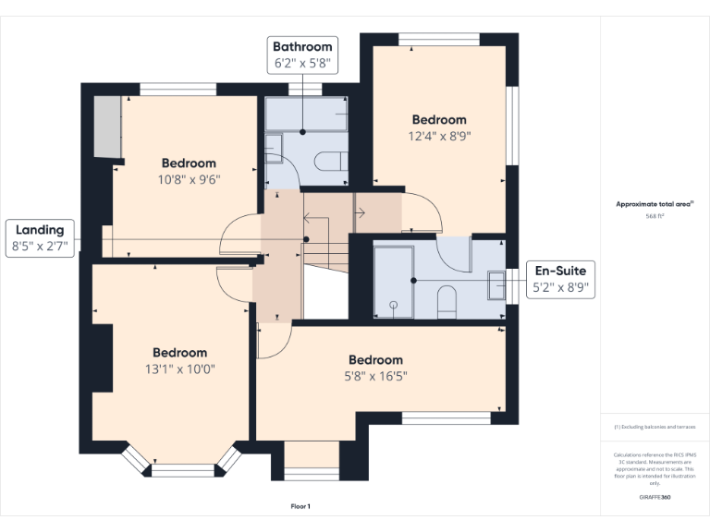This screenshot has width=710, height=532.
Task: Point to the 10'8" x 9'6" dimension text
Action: [189, 180]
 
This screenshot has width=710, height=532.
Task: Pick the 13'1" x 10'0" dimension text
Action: [179, 369]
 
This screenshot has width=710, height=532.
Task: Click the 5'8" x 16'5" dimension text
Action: [375, 376]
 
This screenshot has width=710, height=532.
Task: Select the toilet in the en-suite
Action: [447, 301]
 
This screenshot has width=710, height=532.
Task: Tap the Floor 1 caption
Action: [300, 506]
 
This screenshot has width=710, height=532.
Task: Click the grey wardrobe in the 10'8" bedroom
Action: [108, 126]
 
